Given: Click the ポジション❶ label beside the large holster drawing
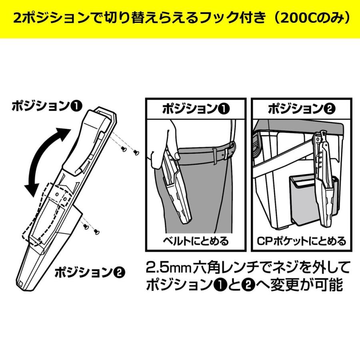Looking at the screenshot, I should tap(47, 106).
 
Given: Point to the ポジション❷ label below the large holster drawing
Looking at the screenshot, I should tap(90, 273).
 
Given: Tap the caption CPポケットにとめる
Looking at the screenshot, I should tap(301, 241).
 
